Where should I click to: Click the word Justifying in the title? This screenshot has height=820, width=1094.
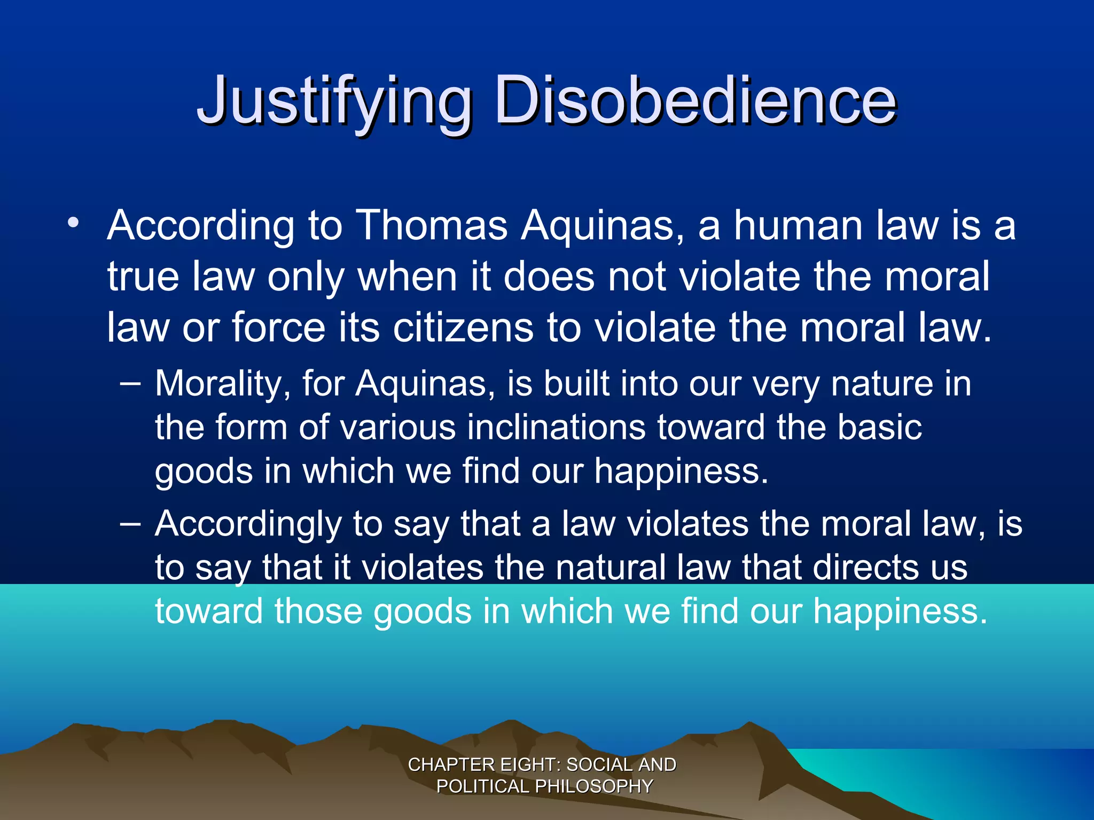point(334,101)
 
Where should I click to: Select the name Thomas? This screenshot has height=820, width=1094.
point(432,225)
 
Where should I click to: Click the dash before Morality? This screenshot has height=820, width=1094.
point(131,383)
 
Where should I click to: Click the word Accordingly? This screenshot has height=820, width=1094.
point(248,524)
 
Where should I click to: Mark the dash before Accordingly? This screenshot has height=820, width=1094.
point(131,523)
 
